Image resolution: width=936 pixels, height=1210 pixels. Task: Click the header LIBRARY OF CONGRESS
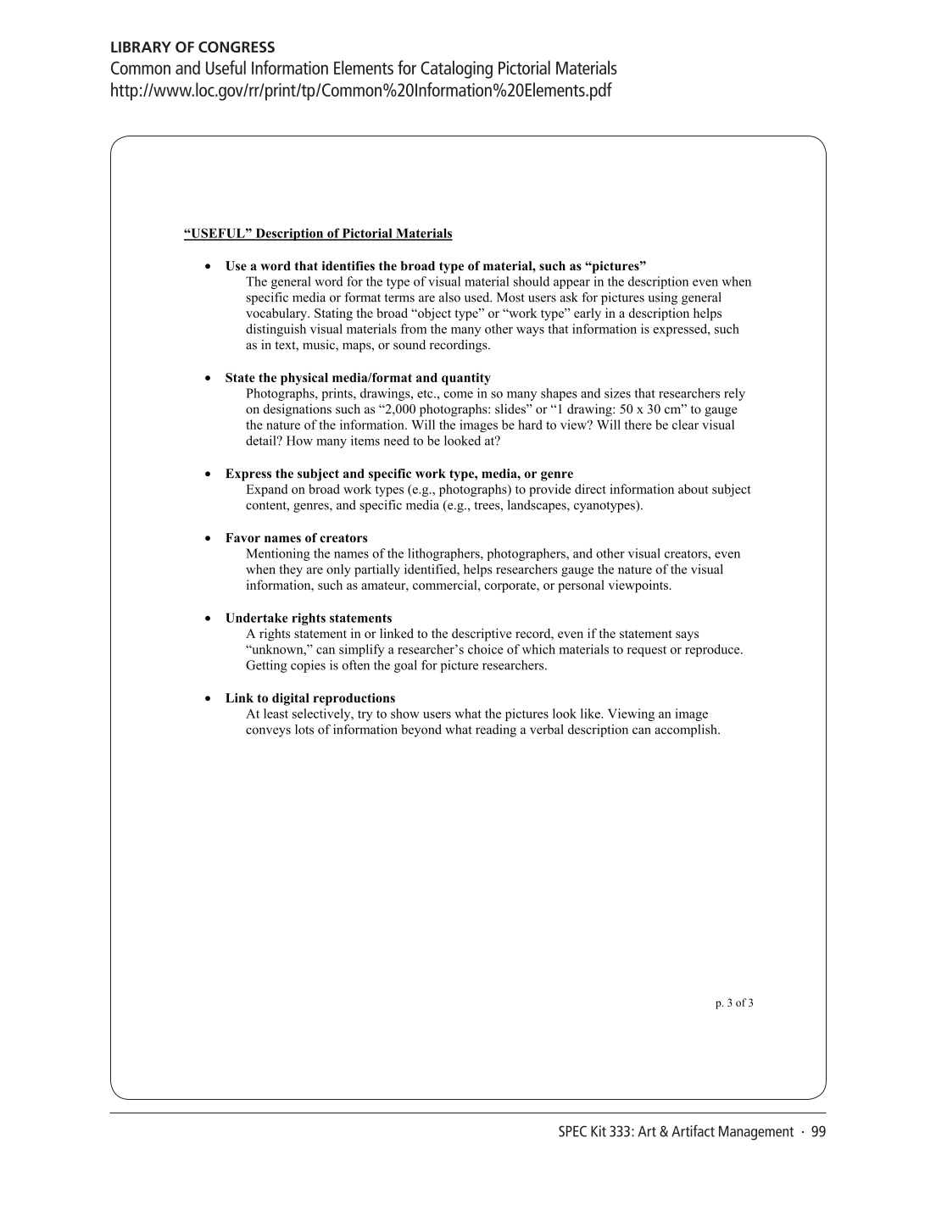(x=192, y=47)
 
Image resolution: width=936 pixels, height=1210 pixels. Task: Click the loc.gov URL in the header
(x=360, y=91)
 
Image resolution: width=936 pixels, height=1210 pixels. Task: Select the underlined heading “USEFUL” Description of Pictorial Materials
(x=318, y=234)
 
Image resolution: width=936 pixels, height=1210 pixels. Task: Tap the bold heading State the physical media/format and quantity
(x=358, y=378)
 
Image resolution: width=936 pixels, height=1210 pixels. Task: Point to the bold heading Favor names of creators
(x=296, y=538)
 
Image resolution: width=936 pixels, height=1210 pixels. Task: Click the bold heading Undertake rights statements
(x=309, y=618)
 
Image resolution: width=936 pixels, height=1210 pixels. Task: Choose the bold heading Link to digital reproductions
(x=310, y=698)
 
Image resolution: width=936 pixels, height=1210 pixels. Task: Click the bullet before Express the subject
(x=208, y=475)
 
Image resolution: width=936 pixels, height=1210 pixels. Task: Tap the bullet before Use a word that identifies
(x=208, y=266)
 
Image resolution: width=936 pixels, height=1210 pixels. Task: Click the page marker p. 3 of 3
(x=734, y=1003)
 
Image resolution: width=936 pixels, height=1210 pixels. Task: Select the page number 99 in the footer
(x=818, y=1132)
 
